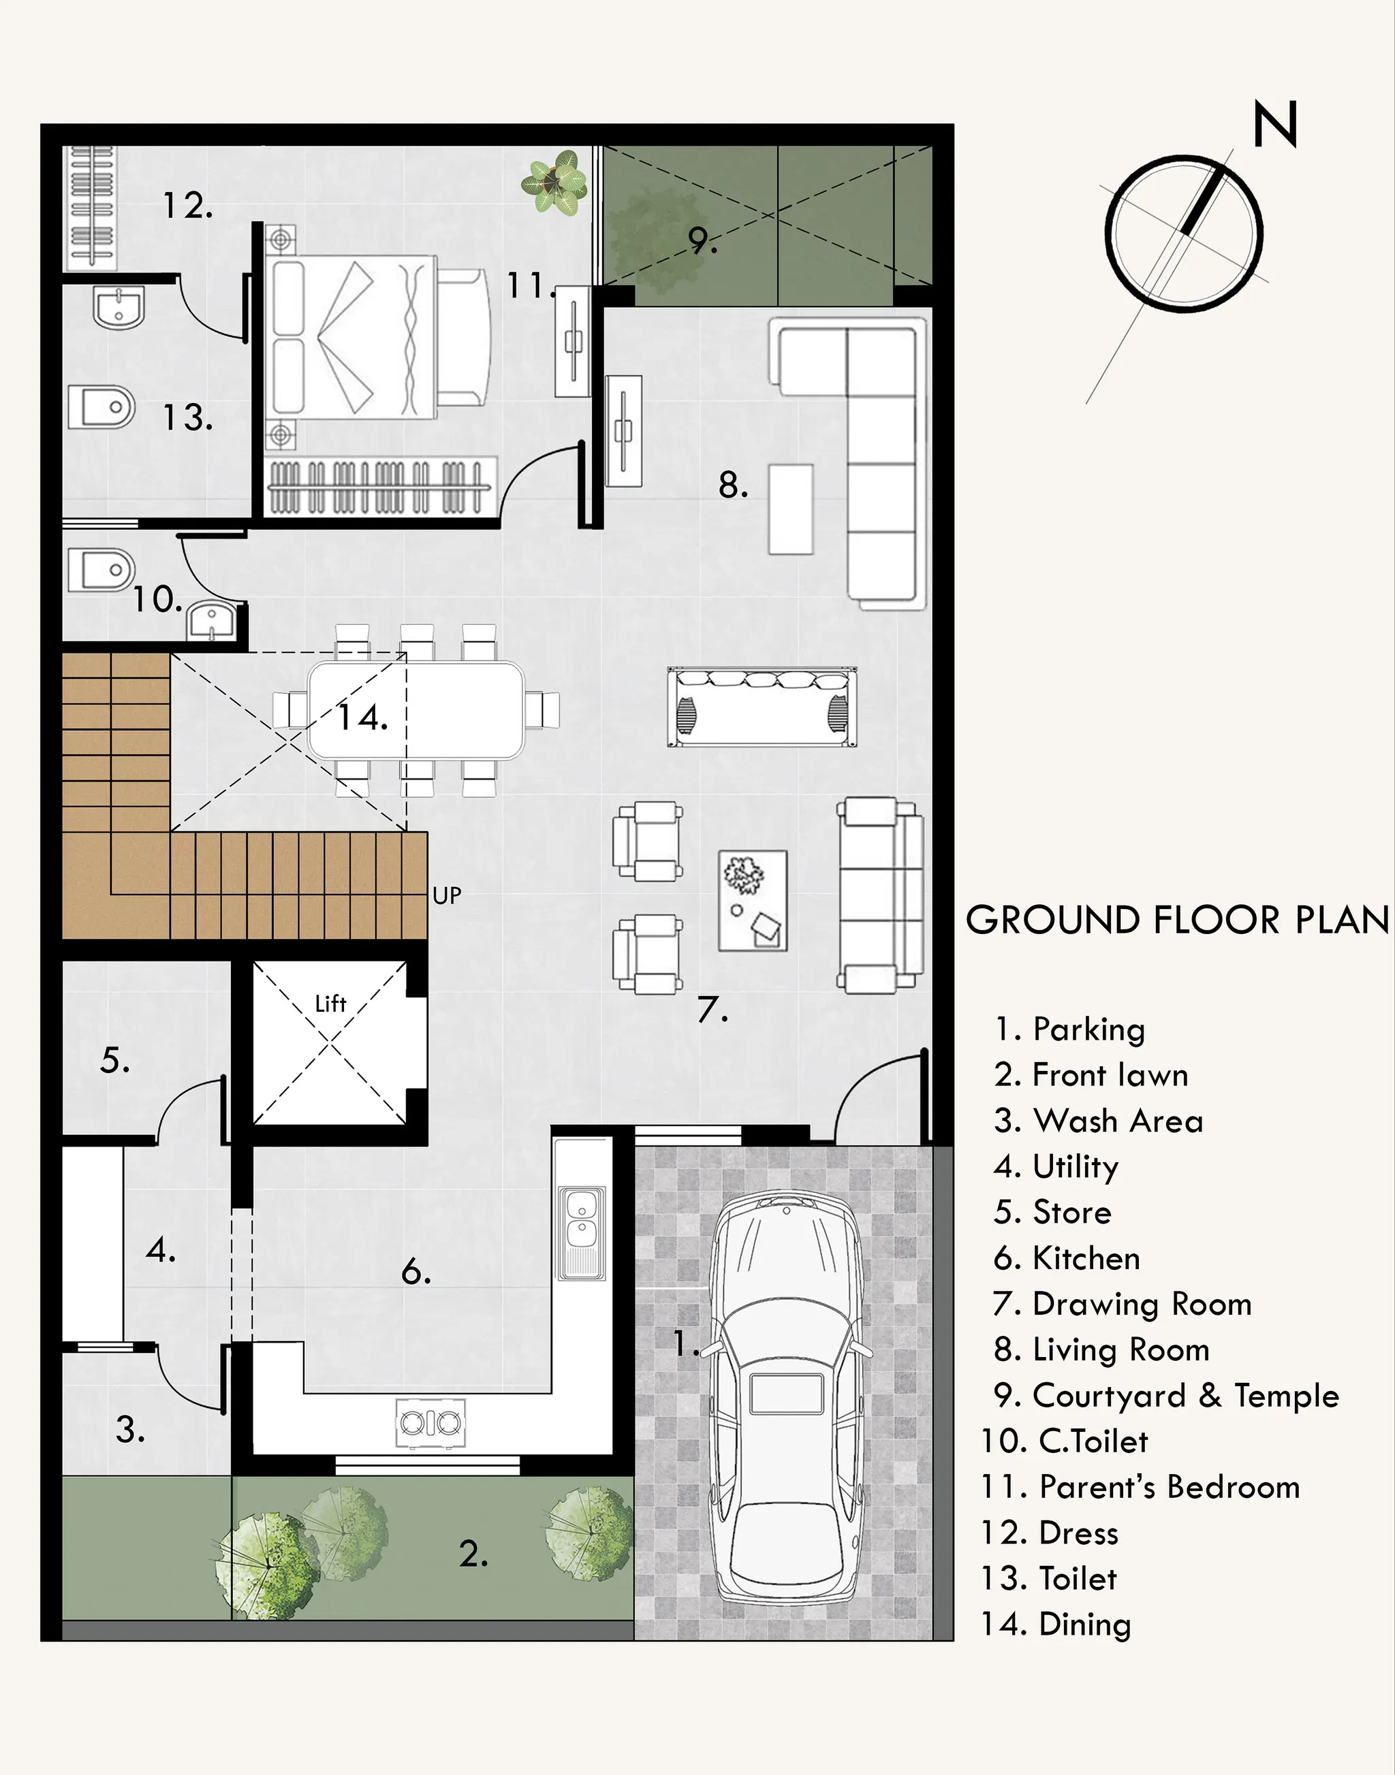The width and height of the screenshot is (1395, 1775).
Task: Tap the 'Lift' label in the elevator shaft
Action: [331, 1004]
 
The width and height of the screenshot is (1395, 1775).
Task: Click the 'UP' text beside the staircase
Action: [447, 895]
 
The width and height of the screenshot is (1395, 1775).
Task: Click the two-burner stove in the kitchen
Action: [430, 1423]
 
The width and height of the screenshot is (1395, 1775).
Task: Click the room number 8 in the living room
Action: [733, 486]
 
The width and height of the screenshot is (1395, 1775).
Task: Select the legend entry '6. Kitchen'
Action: [1067, 1258]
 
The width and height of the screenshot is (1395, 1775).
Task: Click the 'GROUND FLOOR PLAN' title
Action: [1177, 920]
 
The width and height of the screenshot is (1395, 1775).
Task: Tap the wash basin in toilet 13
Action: [119, 307]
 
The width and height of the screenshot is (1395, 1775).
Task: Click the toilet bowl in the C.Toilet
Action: [101, 569]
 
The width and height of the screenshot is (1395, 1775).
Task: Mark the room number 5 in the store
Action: [114, 1061]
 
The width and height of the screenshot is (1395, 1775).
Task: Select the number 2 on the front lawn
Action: [473, 1554]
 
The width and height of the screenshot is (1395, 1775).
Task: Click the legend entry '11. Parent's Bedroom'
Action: [1140, 1488]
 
